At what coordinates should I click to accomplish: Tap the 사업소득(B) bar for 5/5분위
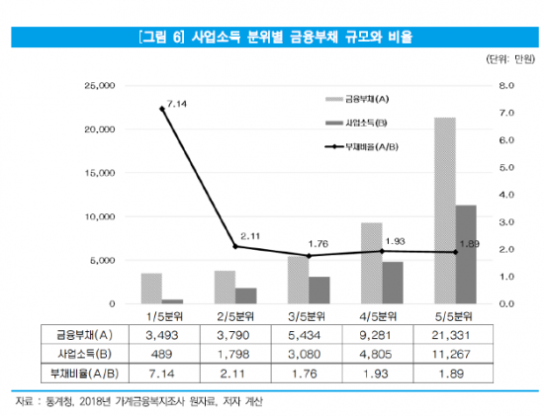point(465,254)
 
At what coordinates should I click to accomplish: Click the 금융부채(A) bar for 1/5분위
point(151,289)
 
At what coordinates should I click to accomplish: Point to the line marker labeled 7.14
point(162,109)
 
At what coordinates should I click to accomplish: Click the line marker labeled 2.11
point(235,246)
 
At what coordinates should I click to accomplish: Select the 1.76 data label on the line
point(318,243)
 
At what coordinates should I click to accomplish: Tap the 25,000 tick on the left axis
point(100,86)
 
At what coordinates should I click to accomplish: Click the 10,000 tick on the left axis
point(100,216)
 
